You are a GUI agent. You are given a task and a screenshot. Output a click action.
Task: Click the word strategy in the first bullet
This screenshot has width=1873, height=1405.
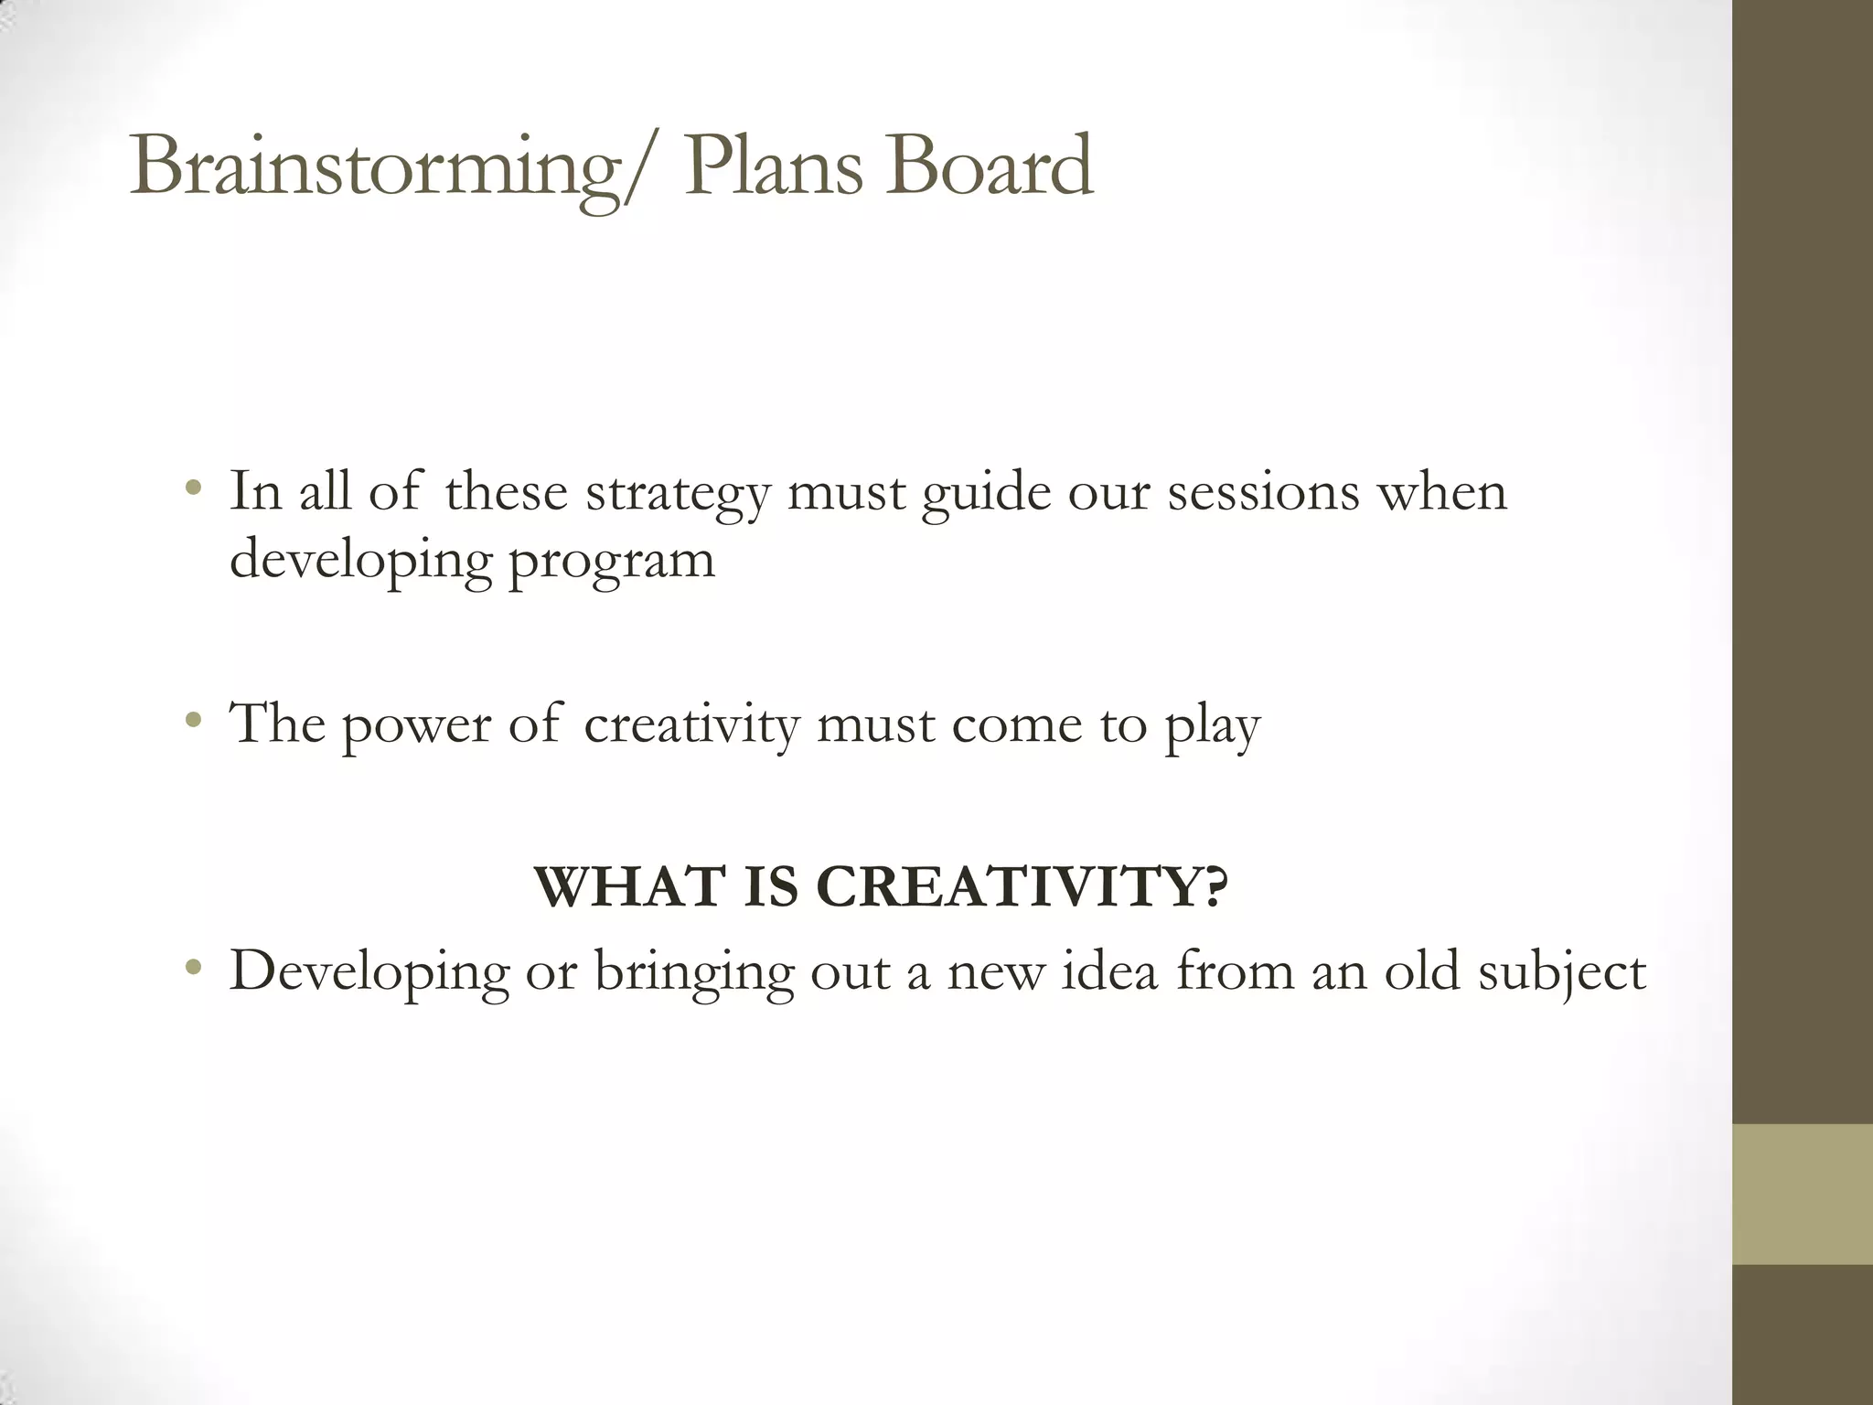678,494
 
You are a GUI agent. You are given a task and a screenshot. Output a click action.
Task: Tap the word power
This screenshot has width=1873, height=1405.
416,726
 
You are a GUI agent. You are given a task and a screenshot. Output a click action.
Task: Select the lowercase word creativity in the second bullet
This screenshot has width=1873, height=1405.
691,724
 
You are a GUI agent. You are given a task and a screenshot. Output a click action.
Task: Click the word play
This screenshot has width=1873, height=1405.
1212,726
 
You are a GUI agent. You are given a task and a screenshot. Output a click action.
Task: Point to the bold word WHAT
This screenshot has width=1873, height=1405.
631,887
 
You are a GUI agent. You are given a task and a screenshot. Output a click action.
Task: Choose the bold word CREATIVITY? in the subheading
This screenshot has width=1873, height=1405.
1022,887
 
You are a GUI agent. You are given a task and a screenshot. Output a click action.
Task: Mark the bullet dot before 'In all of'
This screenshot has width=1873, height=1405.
192,489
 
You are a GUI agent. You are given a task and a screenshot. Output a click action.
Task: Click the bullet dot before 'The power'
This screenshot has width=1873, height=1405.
192,722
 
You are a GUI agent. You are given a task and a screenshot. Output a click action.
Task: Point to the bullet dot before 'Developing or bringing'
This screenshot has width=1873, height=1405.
192,968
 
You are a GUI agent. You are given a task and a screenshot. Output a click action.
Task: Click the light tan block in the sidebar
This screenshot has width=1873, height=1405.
1802,1195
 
